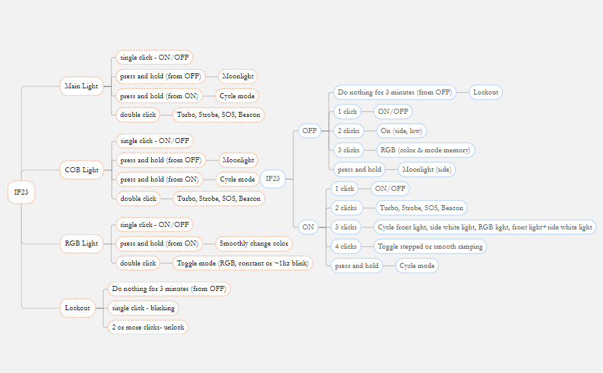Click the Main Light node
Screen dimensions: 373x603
[81, 86]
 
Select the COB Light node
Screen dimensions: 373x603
[81, 170]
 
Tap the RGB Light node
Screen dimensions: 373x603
[81, 243]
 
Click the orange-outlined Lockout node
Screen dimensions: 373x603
[78, 308]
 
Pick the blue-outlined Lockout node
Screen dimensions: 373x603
[486, 93]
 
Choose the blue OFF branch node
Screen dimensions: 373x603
[309, 131]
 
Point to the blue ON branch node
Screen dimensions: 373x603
[308, 227]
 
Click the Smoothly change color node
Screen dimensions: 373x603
[254, 244]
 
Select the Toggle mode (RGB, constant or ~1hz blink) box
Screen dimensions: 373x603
[242, 263]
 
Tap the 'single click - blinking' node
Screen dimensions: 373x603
[143, 308]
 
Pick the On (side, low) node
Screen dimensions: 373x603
[402, 131]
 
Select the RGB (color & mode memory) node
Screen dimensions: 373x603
[426, 150]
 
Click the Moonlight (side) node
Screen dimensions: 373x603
[427, 169]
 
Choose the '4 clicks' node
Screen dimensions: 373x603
[345, 246]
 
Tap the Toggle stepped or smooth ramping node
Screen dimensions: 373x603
[430, 246]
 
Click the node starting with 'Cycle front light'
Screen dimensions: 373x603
[484, 227]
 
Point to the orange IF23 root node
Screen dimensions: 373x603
[22, 192]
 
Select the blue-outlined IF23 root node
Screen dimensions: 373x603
[272, 179]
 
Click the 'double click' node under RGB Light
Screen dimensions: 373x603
[138, 263]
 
